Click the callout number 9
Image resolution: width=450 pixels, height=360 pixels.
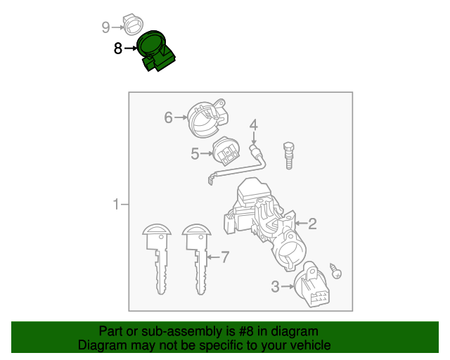point(105,27)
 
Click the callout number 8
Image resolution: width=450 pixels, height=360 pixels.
point(117,49)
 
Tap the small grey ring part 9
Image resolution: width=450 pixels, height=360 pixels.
point(132,24)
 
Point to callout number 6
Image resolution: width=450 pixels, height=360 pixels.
point(168,117)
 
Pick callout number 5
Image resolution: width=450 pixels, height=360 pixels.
point(195,152)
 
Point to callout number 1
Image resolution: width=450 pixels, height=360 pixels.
point(116,205)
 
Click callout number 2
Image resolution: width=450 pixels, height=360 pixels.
point(312,224)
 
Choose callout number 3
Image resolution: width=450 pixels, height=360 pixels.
point(276,285)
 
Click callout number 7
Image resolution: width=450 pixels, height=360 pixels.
point(225,257)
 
